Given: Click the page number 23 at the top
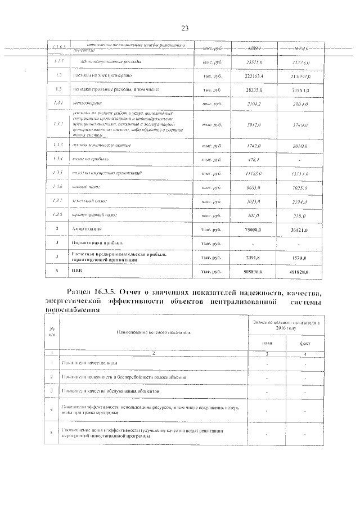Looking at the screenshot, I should click(184, 29).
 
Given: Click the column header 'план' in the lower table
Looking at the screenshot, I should click(267, 343).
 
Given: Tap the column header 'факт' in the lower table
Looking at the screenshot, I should click(305, 343).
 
